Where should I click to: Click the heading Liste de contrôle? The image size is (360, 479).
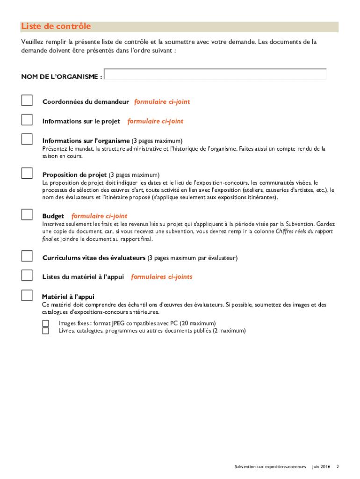56,27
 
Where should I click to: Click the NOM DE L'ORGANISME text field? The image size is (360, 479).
215,74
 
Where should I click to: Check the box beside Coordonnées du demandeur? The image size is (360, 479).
27,101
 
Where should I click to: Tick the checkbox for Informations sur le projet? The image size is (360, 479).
27,120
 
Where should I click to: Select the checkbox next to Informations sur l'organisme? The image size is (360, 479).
27,139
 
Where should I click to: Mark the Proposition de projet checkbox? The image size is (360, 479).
27,173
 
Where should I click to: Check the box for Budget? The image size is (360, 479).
27,215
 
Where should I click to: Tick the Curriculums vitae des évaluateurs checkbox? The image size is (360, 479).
27,256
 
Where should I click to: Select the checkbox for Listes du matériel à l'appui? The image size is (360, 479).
27,276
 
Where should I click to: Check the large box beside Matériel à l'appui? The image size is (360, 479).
27,295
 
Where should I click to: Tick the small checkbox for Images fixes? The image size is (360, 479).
45,323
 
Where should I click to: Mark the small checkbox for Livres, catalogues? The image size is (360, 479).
45,331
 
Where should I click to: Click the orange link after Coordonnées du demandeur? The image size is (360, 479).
162,102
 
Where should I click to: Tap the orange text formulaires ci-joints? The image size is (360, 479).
162,277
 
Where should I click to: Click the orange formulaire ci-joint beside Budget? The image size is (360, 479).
99,216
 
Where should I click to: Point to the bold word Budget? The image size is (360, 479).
53,216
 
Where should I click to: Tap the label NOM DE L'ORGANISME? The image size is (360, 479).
61,77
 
